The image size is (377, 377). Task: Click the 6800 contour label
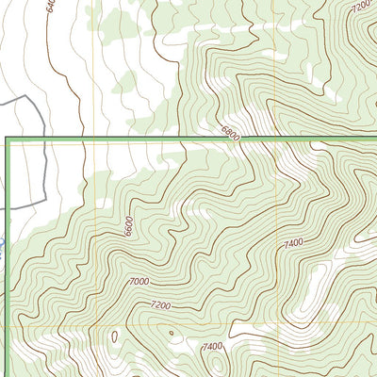click(x=231, y=135)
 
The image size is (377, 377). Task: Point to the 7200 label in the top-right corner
click(x=359, y=7)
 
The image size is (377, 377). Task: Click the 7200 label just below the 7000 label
click(x=161, y=306)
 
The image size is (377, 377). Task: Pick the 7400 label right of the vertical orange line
click(x=293, y=243)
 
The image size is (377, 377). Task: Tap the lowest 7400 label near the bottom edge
click(x=212, y=347)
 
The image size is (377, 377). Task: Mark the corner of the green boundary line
click(x=8, y=139)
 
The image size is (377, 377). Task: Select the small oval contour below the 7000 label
click(x=114, y=336)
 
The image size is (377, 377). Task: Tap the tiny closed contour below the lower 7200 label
click(x=171, y=333)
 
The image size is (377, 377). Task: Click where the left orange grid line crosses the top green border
click(x=94, y=139)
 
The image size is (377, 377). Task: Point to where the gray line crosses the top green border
click(x=43, y=139)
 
